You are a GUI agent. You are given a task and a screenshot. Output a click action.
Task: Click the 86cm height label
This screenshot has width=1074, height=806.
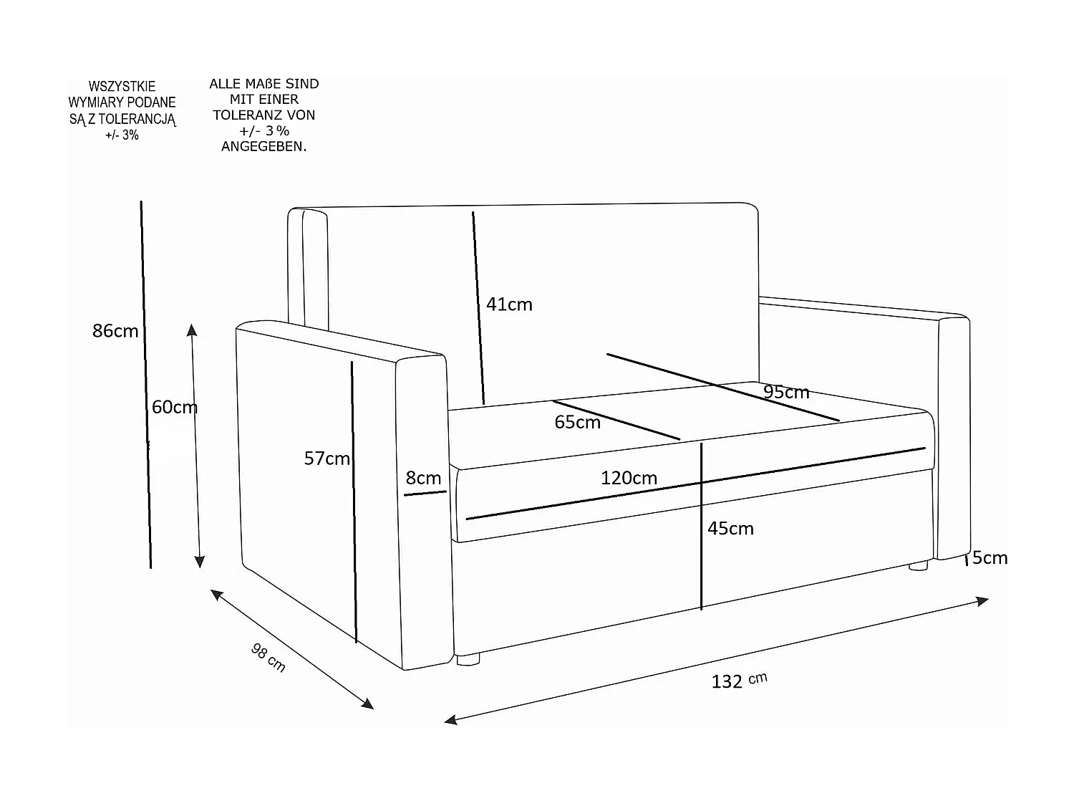[x=115, y=331]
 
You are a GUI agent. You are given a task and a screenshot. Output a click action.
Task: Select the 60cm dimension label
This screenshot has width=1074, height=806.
[x=174, y=407]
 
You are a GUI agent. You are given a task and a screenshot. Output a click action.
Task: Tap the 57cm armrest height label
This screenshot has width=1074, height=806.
[x=326, y=459]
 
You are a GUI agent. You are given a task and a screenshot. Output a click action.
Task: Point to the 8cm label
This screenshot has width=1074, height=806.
[x=423, y=478]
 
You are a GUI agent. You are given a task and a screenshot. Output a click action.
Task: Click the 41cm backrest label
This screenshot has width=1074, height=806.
[x=509, y=304]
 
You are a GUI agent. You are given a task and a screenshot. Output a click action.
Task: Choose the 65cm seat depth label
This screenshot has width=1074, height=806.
[x=577, y=423]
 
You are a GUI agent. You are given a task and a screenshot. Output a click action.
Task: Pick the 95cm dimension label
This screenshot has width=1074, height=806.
[x=786, y=393]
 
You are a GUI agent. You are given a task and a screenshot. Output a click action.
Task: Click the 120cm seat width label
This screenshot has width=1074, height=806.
[x=629, y=478]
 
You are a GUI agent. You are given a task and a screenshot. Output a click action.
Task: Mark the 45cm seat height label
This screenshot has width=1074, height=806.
[x=730, y=529]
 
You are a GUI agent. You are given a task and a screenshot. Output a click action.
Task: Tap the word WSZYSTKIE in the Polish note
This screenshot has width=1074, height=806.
[x=122, y=87]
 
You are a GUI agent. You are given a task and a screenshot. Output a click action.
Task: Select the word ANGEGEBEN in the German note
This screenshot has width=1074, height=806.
[x=263, y=147]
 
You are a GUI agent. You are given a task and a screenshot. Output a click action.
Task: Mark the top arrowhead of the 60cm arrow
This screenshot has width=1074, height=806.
[x=191, y=329]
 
